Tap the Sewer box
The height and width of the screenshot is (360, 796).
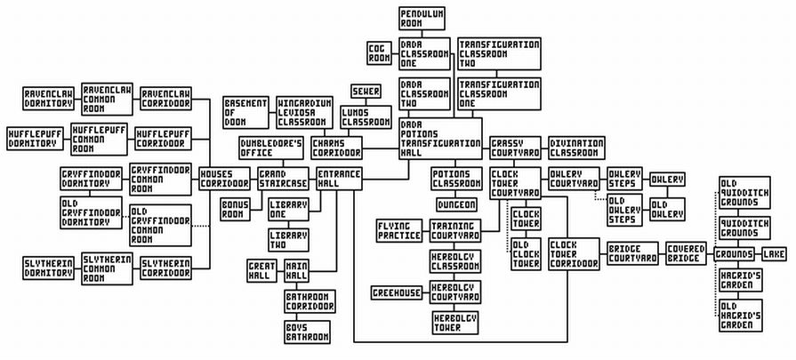pos(366,92)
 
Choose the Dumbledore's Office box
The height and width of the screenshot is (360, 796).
pos(271,147)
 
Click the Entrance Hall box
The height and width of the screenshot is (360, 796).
pos(339,177)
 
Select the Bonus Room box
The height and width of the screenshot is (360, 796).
pos(236,210)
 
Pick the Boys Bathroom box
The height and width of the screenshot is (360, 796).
pos(308,332)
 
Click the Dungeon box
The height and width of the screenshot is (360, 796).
pos(456,204)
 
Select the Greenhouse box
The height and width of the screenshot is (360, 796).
pos(397,292)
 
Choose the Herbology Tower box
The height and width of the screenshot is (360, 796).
pos(455,322)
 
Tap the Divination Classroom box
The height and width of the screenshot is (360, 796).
pos(575,147)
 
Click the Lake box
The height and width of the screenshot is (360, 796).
pos(775,254)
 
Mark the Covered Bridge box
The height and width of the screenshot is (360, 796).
pos(687,253)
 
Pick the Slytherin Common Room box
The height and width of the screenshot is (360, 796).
pos(107,268)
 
